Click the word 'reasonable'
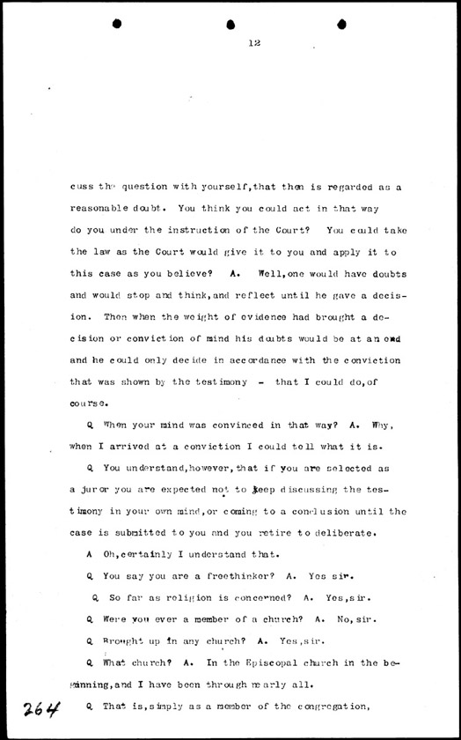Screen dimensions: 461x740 tap(101, 211)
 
